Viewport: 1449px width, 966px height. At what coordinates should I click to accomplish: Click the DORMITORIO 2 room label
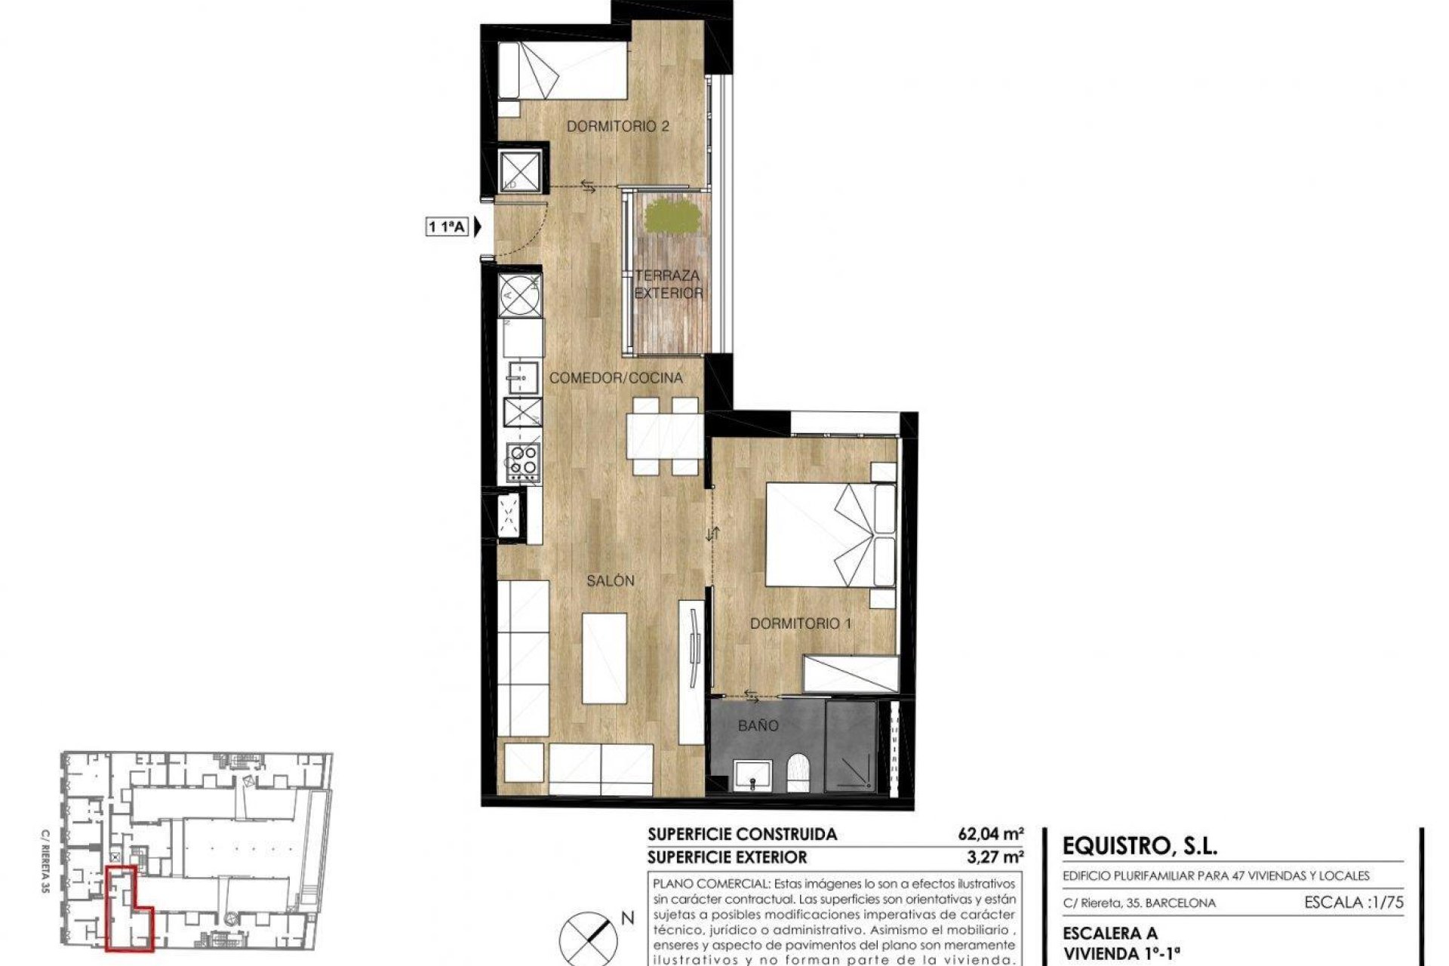[x=617, y=127]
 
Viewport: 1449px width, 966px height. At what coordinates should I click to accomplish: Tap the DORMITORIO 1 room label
[x=800, y=623]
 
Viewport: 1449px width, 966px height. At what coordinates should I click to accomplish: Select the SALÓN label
[x=610, y=581]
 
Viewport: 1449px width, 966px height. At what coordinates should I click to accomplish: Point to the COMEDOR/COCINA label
[x=616, y=378]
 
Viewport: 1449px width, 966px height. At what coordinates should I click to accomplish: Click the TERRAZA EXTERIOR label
[x=668, y=285]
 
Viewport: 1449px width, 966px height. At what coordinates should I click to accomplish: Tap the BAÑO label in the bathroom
[x=758, y=726]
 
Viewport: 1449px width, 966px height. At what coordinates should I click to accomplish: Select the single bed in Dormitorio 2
[x=563, y=71]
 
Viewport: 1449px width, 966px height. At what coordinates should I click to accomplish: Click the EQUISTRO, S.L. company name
[x=1140, y=846]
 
